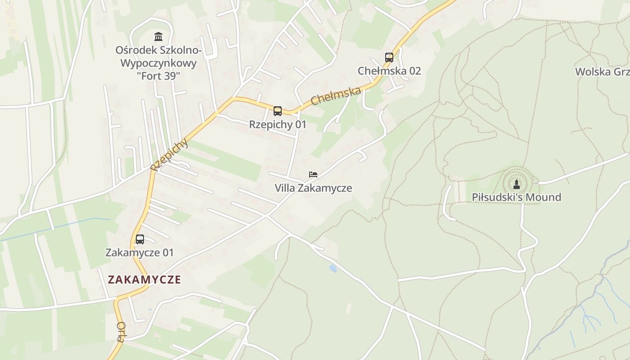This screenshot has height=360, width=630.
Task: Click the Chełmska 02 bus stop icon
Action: (x=389, y=58)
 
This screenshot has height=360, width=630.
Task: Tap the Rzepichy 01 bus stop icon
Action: (x=278, y=111)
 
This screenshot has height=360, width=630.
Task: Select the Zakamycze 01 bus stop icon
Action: (x=140, y=239)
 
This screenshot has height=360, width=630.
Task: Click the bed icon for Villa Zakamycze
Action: (x=313, y=174)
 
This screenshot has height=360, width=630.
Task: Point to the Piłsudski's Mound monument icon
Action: (x=517, y=184)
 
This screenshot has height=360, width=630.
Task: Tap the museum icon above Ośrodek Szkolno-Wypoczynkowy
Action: (x=158, y=36)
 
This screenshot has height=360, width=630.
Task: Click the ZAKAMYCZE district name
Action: (x=144, y=279)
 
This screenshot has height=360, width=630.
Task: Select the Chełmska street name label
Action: (x=336, y=95)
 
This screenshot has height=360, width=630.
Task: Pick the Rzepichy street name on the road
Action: (x=169, y=155)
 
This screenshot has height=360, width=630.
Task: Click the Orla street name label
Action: (x=121, y=332)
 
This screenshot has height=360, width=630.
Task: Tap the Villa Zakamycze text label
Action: (x=313, y=188)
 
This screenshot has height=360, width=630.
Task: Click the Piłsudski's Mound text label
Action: (x=517, y=197)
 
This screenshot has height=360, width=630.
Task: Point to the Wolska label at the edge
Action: (x=602, y=72)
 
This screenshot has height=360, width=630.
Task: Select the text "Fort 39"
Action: (x=158, y=76)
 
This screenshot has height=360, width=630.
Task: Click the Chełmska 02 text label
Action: (x=389, y=71)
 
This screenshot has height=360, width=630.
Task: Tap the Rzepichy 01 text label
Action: (x=278, y=125)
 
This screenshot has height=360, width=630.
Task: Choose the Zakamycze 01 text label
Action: (x=139, y=252)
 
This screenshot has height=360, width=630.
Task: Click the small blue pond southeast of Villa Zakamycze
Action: (x=333, y=269)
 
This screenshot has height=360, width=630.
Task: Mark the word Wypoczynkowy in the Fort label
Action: (x=158, y=63)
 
